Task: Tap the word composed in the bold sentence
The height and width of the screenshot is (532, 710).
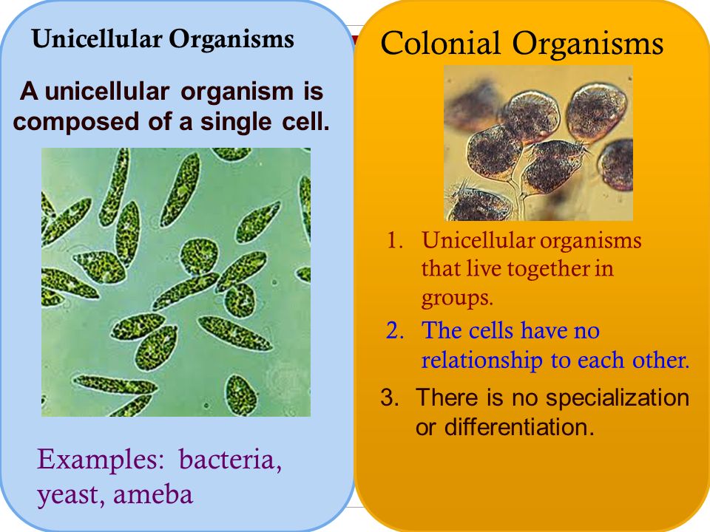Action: [70, 120]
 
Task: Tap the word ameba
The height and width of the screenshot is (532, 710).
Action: [154, 493]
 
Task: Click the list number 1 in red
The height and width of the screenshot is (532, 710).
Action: [396, 241]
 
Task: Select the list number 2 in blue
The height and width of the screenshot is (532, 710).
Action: [396, 330]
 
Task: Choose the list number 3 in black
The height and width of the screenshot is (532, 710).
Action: [389, 398]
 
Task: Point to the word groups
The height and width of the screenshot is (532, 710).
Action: [456, 298]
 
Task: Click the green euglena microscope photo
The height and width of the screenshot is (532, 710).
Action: [176, 282]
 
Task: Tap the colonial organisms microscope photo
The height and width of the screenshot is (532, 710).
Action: [538, 143]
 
